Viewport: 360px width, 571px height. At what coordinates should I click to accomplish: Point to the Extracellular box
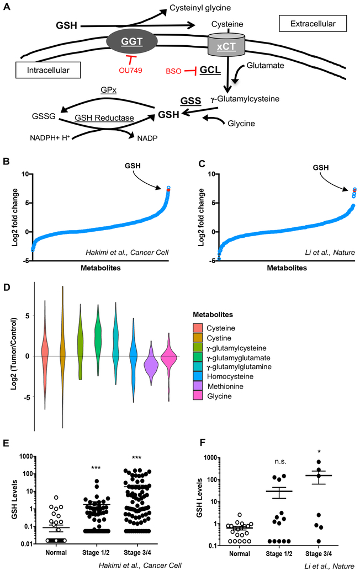click(x=313, y=23)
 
